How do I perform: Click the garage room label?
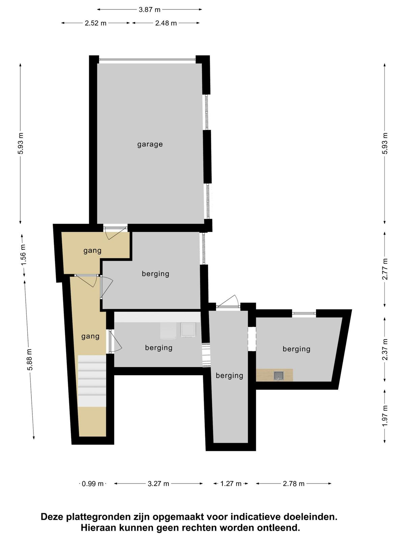point(150,144)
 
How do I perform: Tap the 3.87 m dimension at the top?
point(150,9)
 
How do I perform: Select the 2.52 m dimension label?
point(96,23)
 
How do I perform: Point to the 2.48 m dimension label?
point(166,23)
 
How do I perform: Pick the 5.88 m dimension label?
point(30,359)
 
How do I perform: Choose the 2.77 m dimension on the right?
point(385,269)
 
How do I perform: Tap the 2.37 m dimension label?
point(385,349)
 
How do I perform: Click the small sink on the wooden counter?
point(279,376)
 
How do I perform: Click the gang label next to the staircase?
point(90,336)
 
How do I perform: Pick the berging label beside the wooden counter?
point(296,349)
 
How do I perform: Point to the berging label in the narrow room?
point(230,376)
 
